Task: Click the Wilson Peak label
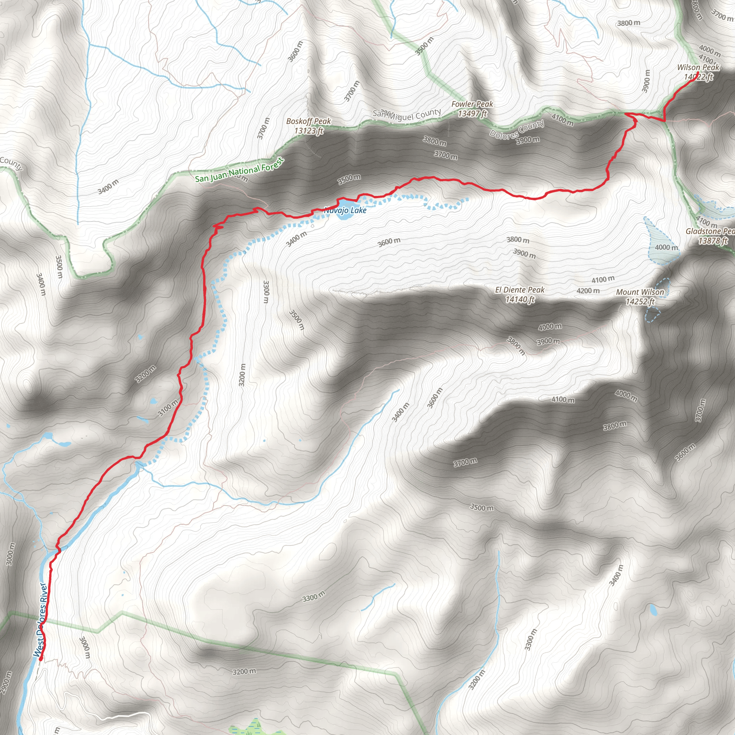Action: tap(698, 67)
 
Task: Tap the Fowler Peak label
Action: tap(472, 104)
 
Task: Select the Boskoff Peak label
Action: tap(309, 121)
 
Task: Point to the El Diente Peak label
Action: tap(520, 290)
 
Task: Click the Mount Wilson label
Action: tap(640, 292)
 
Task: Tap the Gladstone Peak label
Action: tap(710, 231)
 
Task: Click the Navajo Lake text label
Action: tap(346, 210)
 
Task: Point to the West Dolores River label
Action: tap(41, 621)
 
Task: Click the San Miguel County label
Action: tap(407, 114)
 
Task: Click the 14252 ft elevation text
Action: tap(640, 302)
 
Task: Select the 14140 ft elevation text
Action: tap(520, 300)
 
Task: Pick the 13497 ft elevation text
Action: tap(472, 113)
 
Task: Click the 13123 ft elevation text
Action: tap(309, 131)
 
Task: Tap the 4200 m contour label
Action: tap(588, 291)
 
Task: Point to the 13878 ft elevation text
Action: tap(712, 241)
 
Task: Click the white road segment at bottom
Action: tap(122, 717)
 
